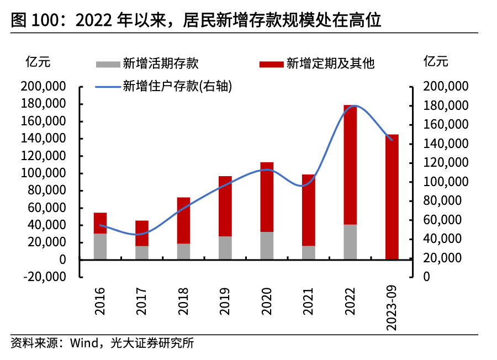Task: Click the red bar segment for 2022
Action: [x=350, y=165]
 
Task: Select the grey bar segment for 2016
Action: [x=100, y=246]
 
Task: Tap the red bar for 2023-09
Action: [x=392, y=197]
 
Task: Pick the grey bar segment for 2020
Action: [x=267, y=245]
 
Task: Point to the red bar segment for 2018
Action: [x=183, y=220]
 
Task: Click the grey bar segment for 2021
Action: [x=308, y=252]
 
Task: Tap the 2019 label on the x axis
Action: [x=225, y=301]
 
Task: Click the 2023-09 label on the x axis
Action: [x=392, y=309]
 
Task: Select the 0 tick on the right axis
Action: [x=426, y=277]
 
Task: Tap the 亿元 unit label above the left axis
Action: [x=38, y=62]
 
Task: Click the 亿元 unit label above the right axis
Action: [x=436, y=62]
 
